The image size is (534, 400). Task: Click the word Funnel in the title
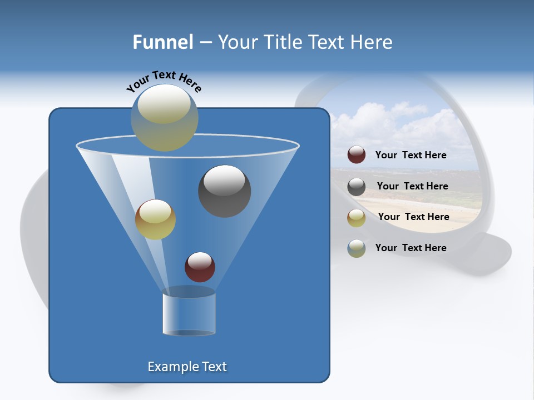pyautogui.click(x=163, y=42)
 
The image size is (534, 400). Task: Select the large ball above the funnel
pyautogui.click(x=164, y=117)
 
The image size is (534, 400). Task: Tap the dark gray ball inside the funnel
pyautogui.click(x=225, y=191)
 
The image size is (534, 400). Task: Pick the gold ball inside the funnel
pyautogui.click(x=155, y=219)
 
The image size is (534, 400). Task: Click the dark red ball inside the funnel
pyautogui.click(x=200, y=267)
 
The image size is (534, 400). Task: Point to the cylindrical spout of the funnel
pyautogui.click(x=189, y=314)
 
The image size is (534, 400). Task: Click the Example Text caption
pyautogui.click(x=187, y=367)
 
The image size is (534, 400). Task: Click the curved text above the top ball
pyautogui.click(x=164, y=81)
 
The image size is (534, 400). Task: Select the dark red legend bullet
pyautogui.click(x=357, y=155)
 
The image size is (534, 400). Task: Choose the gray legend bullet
pyautogui.click(x=357, y=187)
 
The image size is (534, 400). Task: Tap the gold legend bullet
pyautogui.click(x=357, y=217)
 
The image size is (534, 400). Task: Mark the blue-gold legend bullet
pyautogui.click(x=357, y=248)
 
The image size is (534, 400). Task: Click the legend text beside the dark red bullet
pyautogui.click(x=411, y=156)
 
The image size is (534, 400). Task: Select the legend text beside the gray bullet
pyautogui.click(x=412, y=187)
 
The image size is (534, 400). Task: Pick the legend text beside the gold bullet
pyautogui.click(x=413, y=217)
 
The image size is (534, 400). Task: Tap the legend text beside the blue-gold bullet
pyautogui.click(x=411, y=248)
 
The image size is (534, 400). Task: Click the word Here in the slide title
pyautogui.click(x=371, y=42)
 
